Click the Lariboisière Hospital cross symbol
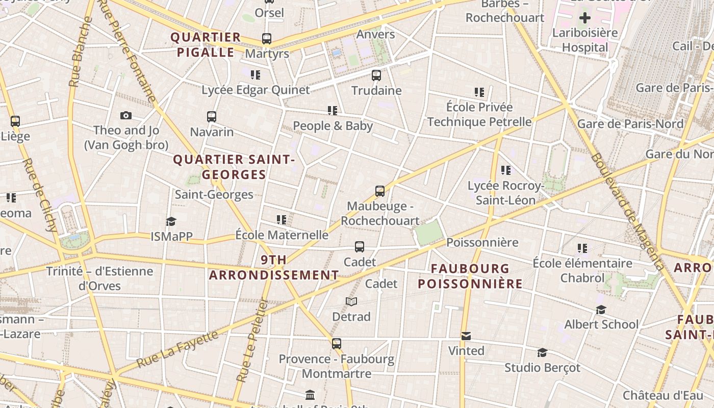(x=585, y=18)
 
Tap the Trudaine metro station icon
(x=376, y=75)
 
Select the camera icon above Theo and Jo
(x=126, y=116)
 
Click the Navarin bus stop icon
(x=212, y=117)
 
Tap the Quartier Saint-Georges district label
(x=234, y=167)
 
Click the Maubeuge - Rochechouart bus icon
(x=380, y=191)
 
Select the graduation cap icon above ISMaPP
(x=171, y=221)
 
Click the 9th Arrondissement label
(x=274, y=267)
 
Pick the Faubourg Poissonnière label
(x=470, y=276)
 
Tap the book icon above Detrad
(x=351, y=301)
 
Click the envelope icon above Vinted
(x=466, y=336)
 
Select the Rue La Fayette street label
(x=178, y=351)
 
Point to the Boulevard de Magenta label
(x=627, y=211)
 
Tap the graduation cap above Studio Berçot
(x=542, y=352)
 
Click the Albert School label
(x=601, y=324)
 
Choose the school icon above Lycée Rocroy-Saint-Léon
(x=505, y=170)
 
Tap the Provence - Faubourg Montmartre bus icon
(x=337, y=344)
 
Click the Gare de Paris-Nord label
(x=630, y=124)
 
